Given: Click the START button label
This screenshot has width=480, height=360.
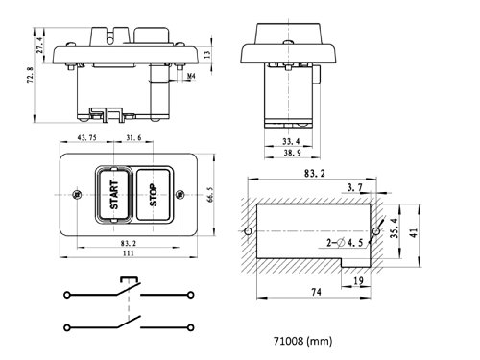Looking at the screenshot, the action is coord(114,195).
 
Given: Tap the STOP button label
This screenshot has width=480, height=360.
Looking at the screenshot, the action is coord(154,195).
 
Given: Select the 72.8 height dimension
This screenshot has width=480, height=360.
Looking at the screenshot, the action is coord(30,75).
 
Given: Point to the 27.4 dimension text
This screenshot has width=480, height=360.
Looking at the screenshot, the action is coord(39,45).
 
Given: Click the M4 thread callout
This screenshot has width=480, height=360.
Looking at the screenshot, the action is coord(191,76).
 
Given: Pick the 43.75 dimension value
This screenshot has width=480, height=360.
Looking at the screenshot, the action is coord(87,138).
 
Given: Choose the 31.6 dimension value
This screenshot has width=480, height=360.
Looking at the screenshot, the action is coord(133,138).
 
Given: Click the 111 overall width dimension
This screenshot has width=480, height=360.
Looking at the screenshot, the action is coord(129,253).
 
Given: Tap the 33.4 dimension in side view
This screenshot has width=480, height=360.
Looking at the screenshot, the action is coord(291,141).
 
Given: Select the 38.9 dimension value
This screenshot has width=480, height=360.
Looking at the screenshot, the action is coord(292,153).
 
